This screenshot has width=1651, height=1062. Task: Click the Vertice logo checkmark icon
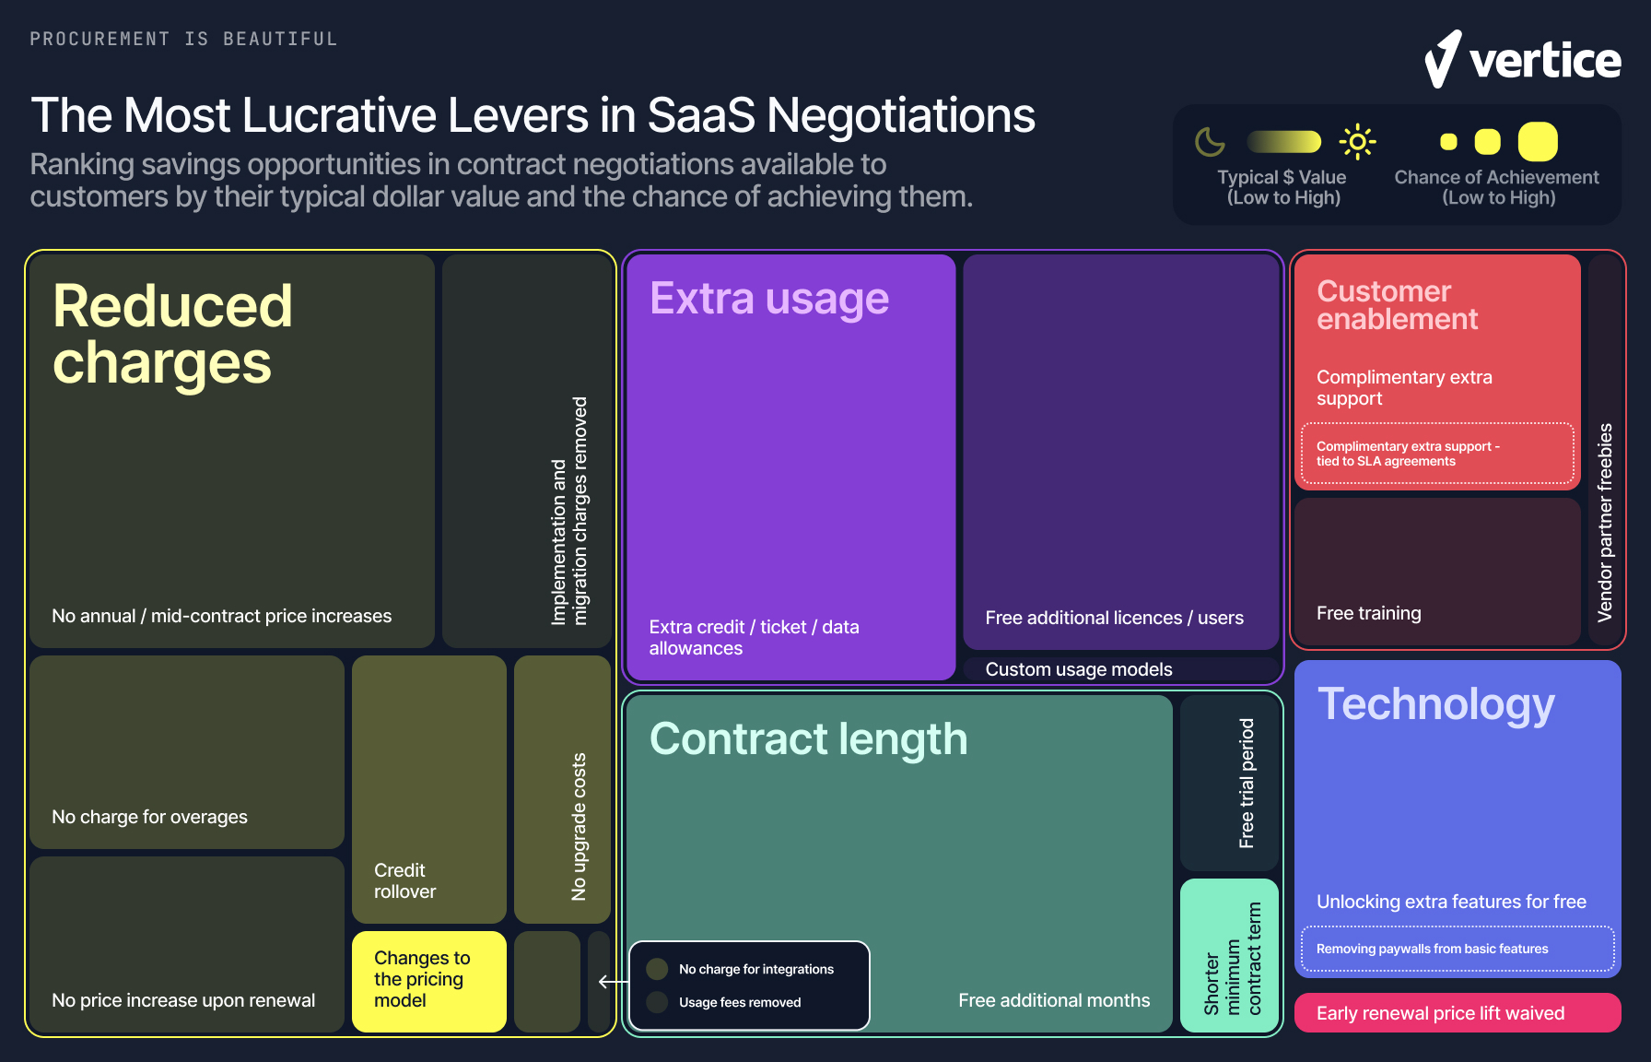point(1443,59)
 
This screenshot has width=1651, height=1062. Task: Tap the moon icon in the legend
point(1210,142)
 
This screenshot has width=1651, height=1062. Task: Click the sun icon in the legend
point(1357,142)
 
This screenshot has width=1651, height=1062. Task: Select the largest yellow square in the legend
point(1538,142)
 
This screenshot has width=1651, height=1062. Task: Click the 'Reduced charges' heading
point(172,334)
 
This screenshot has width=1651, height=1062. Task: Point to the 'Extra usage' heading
point(769,299)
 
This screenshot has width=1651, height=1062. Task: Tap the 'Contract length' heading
point(808,739)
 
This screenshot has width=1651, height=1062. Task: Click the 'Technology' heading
point(1435,704)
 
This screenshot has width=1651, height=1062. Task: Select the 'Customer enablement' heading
point(1397,305)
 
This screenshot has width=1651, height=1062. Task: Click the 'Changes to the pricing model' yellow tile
point(428,980)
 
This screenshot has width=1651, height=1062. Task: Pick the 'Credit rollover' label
point(405,880)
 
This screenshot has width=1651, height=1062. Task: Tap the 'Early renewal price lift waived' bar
point(1458,1013)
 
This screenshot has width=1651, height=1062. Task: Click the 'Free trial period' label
point(1247,783)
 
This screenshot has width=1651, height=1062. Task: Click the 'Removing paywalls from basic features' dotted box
point(1458,949)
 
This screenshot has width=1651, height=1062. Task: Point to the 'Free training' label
point(1369,613)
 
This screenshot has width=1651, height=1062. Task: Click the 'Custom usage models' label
point(1079,669)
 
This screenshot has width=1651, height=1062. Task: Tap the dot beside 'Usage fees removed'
point(658,1002)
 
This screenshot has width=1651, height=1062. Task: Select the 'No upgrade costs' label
point(579,826)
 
